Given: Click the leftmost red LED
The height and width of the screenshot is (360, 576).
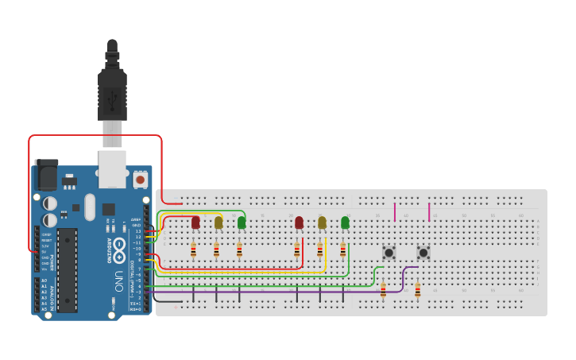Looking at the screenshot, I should coord(195,223).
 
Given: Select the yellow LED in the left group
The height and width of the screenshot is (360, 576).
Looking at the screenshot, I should coord(218,223).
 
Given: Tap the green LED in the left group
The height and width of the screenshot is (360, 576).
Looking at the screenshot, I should coord(242,223).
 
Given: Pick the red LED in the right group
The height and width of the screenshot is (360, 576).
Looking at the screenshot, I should coord(299,223).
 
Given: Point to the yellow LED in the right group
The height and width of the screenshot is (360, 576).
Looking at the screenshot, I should coord(322,223).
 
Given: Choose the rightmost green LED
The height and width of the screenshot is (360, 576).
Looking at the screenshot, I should coord(345,223).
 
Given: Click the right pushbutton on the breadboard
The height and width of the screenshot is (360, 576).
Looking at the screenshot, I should coord(423,253).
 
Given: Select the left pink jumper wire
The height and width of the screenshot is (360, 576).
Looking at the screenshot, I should coord(395,211).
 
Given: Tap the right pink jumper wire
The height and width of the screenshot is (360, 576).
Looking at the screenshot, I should coord(429,211).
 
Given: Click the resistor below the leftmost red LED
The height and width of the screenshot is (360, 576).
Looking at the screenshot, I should coord(193,251).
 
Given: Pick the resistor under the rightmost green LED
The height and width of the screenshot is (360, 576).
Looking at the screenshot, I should coord(343,251).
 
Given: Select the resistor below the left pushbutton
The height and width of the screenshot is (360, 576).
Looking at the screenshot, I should coord(383,290).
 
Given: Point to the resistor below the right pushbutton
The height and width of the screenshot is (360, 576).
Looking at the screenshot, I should coord(417,290).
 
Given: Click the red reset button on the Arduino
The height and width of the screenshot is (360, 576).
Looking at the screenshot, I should coord(141,180).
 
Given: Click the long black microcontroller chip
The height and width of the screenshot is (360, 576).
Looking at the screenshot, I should coord(68,270).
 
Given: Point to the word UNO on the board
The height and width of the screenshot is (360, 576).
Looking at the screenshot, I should coord(118,281).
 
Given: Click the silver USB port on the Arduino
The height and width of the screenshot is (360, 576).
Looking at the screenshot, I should coord(112,163).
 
